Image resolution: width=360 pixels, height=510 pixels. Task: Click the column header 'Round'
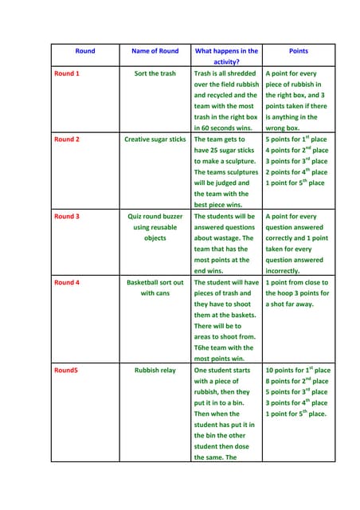(x=85, y=51)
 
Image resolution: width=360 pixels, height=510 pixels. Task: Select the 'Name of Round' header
(x=155, y=51)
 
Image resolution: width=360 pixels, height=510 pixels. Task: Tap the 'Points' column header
(x=299, y=51)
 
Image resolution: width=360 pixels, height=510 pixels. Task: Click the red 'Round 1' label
(x=66, y=73)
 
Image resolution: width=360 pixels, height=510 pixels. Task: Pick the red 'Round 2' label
(x=66, y=139)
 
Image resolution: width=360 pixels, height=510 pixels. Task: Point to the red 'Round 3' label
(x=66, y=216)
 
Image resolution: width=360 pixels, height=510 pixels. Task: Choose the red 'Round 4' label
(x=66, y=282)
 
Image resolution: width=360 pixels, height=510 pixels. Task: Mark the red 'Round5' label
(x=65, y=371)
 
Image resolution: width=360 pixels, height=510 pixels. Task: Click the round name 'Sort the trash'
(x=155, y=73)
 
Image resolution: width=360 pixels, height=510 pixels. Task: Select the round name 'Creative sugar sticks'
(x=155, y=139)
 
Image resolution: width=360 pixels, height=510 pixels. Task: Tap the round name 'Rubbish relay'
(x=155, y=371)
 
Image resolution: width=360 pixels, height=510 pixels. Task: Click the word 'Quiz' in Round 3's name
(x=136, y=216)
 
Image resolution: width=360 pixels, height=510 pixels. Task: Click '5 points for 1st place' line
(x=296, y=139)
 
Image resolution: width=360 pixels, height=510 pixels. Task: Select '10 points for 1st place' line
(x=298, y=371)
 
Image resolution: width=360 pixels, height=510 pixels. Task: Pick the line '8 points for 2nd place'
(x=296, y=381)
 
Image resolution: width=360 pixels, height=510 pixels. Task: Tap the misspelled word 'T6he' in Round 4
(x=203, y=347)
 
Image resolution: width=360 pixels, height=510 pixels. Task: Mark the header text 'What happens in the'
(x=227, y=51)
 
